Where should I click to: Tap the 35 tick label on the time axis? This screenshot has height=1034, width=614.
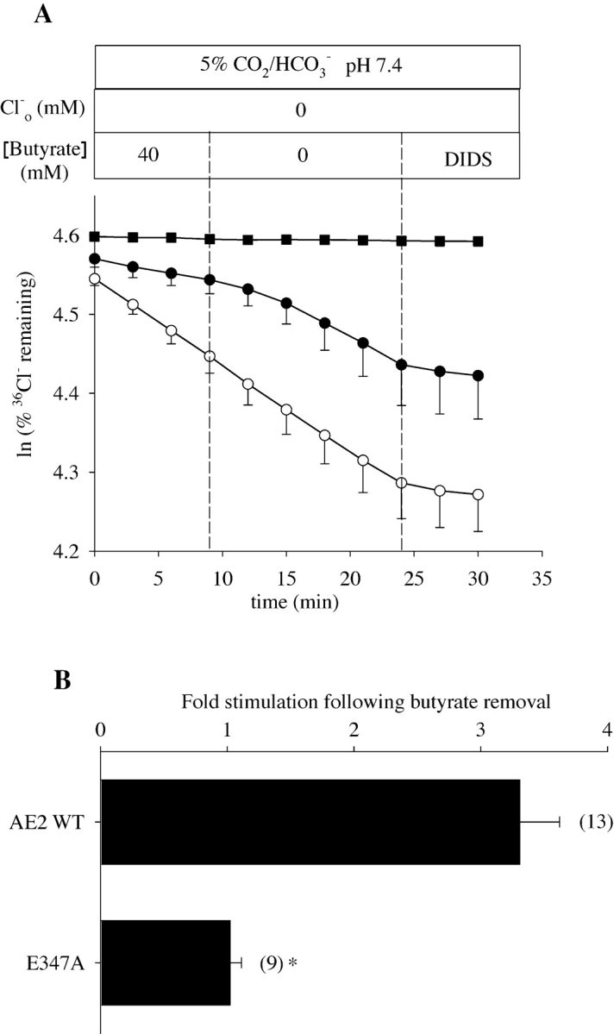[541, 573]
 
